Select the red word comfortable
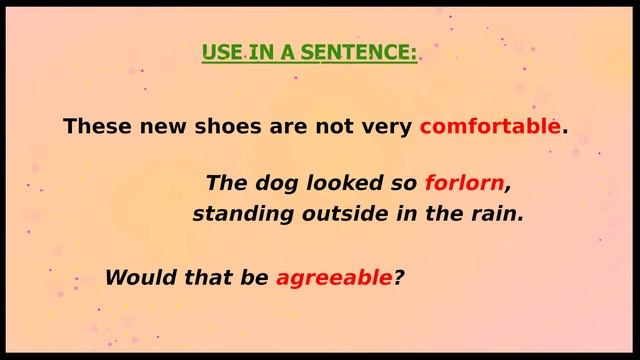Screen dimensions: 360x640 (490, 127)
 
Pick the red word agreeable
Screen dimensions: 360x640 (334, 277)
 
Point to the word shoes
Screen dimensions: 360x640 (235, 127)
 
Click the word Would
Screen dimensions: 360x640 (136, 277)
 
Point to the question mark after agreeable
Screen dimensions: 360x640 (398, 277)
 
